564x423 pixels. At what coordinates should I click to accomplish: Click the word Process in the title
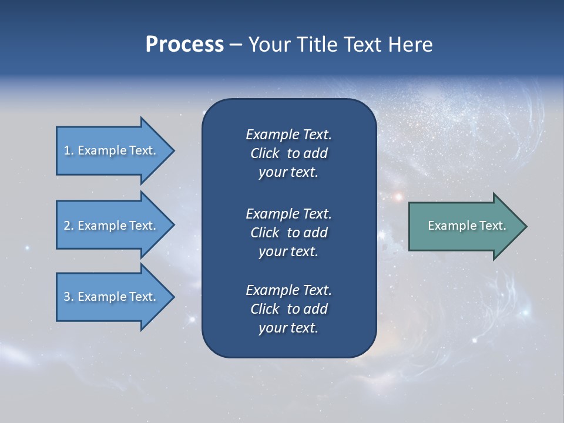(x=184, y=45)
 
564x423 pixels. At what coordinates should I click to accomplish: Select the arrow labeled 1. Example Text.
(x=112, y=150)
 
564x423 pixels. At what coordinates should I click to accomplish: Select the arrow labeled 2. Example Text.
(x=112, y=226)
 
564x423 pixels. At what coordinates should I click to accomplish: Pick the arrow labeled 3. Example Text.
(x=112, y=297)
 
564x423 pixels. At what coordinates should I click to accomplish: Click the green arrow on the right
(x=464, y=226)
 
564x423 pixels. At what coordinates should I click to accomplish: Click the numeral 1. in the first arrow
(x=68, y=150)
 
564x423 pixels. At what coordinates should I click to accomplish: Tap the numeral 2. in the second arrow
(x=68, y=226)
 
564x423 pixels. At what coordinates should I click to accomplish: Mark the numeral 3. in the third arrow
(x=68, y=297)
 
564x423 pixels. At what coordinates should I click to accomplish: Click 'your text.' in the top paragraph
(x=288, y=173)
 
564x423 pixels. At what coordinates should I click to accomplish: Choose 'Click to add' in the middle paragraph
(x=288, y=233)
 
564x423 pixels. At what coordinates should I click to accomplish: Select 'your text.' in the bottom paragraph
(x=288, y=328)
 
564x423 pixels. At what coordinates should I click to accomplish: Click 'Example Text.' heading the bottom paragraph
(x=288, y=290)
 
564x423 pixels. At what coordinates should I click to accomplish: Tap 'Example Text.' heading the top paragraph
(x=288, y=135)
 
